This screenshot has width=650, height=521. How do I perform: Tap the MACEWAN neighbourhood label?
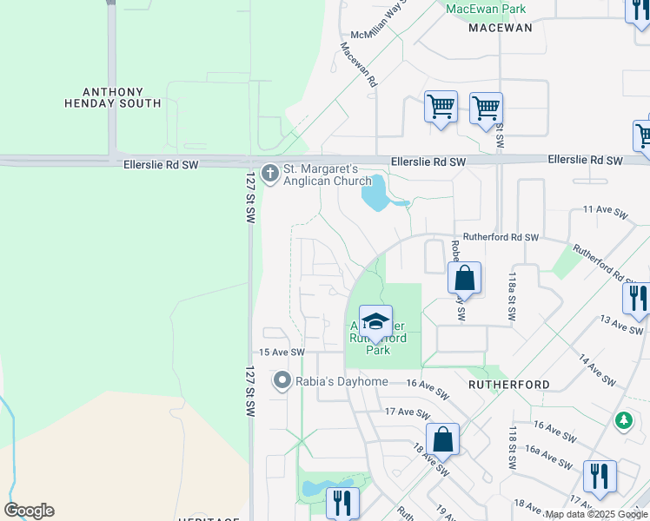pos(500,28)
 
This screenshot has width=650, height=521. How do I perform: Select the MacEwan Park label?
pos(486,9)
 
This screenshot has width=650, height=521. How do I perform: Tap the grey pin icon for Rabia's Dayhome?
pos(282,380)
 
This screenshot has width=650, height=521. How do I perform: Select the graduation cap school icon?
pos(375,322)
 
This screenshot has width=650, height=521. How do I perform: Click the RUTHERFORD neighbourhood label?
pos(508,384)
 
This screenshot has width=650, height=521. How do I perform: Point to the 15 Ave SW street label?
pos(282,352)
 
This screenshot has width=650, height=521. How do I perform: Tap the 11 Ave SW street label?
pos(605,209)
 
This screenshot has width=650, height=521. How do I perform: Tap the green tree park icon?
pos(623,421)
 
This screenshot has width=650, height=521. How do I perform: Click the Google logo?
pos(29,511)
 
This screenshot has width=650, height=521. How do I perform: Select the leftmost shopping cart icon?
pos(441,108)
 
